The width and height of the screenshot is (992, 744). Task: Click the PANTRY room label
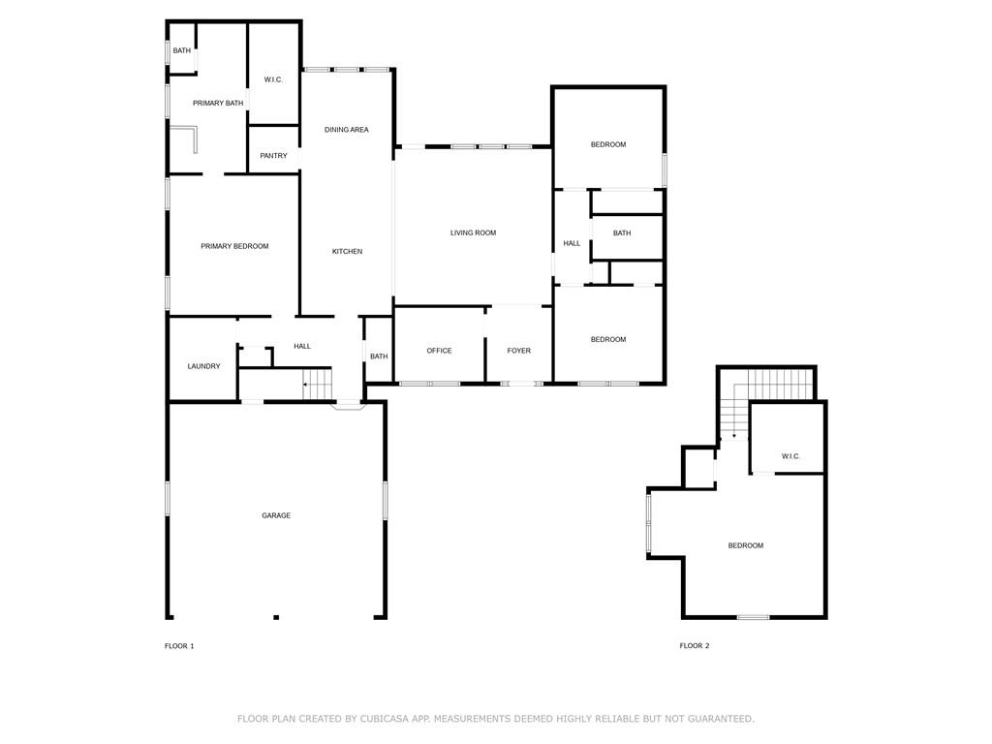click(x=273, y=156)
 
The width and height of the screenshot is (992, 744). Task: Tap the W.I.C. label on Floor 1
click(x=273, y=79)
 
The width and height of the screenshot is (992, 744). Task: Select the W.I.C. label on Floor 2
click(x=790, y=456)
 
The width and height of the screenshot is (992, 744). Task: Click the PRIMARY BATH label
click(x=218, y=103)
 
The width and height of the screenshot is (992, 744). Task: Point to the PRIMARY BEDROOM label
click(x=234, y=246)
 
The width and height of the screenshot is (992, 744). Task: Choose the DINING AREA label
click(x=347, y=130)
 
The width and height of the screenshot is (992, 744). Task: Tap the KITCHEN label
click(x=348, y=251)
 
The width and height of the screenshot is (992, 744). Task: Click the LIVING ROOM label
click(x=473, y=232)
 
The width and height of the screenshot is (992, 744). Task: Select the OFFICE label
click(x=439, y=351)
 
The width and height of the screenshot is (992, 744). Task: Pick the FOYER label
click(x=519, y=351)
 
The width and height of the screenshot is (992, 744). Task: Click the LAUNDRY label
click(x=203, y=366)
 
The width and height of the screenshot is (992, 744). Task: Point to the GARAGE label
click(x=276, y=515)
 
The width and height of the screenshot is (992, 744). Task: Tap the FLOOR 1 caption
click(x=179, y=646)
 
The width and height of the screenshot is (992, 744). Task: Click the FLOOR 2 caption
click(x=695, y=646)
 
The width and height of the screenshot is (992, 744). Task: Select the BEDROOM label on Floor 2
click(x=746, y=545)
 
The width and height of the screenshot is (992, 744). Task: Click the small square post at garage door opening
click(x=276, y=617)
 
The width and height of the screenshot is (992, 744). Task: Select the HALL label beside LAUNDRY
click(x=302, y=346)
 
